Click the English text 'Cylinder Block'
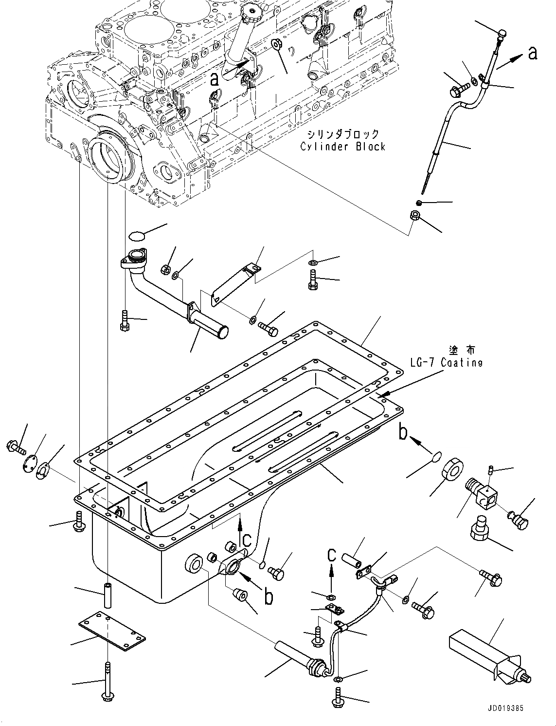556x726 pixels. coord(342,147)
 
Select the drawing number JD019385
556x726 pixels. coord(504,708)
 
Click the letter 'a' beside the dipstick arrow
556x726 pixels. coord(533,53)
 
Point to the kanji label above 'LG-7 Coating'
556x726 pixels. coord(463,350)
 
